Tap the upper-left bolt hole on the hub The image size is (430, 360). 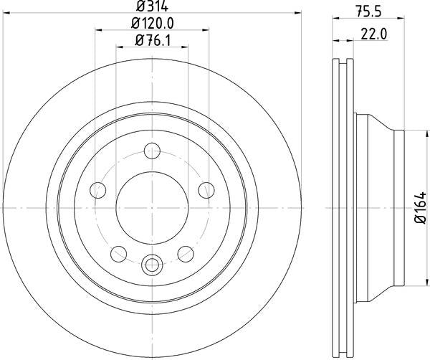pyautogui.click(x=97, y=189)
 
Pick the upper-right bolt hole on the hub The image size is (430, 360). pyautogui.click(x=206, y=189)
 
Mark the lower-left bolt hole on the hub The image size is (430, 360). pyautogui.click(x=118, y=253)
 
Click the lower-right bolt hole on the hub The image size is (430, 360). pyautogui.click(x=186, y=253)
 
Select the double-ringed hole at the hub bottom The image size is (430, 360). pyautogui.click(x=152, y=265)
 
